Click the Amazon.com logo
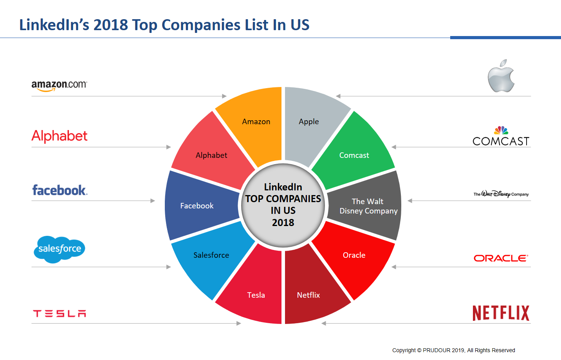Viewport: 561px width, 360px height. tap(59, 85)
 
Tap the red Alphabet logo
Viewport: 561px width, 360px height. tap(60, 136)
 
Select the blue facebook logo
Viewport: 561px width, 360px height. tap(60, 190)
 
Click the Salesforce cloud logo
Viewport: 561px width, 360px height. tap(60, 249)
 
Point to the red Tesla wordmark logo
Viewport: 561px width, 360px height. tap(60, 313)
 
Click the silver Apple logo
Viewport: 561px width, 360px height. tap(501, 76)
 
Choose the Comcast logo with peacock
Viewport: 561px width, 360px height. tap(501, 136)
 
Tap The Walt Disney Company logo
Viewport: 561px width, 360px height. tap(501, 194)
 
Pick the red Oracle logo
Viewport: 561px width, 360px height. tap(501, 258)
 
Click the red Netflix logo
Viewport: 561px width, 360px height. tap(501, 313)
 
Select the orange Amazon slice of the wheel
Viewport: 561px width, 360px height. tap(254, 125)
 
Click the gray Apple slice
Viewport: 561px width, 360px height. tap(311, 125)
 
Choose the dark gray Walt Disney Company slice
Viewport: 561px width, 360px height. tap(368, 206)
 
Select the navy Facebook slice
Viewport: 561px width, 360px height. tap(198, 206)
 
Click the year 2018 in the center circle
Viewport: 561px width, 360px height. tap(283, 223)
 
